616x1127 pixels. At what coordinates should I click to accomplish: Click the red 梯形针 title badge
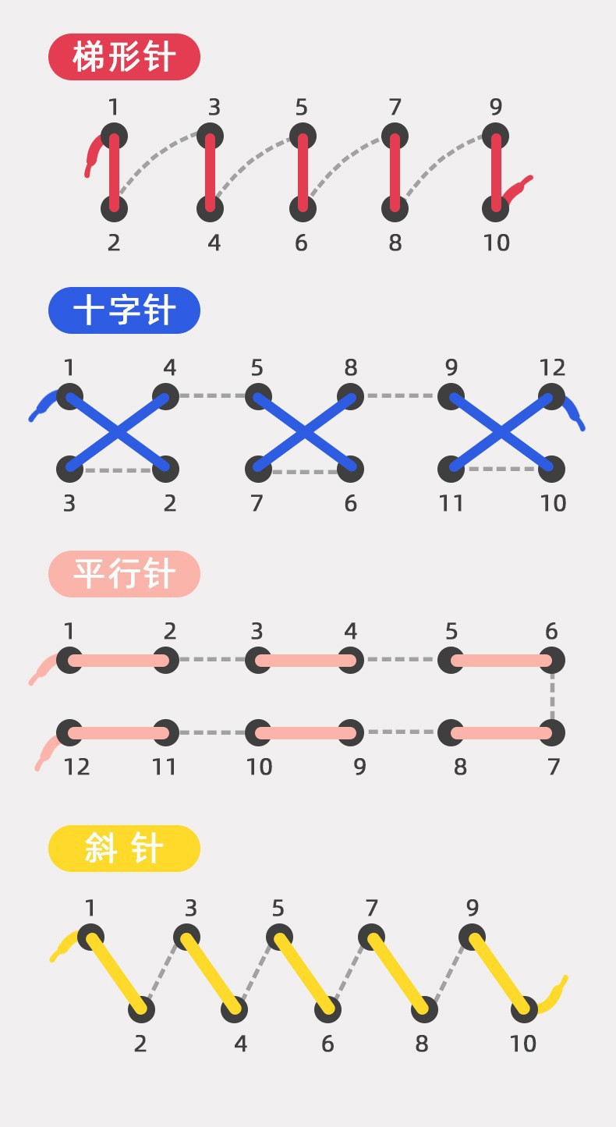coord(124,57)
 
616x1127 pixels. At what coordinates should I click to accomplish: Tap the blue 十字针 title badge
coord(124,310)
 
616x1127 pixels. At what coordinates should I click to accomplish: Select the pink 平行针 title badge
coord(124,574)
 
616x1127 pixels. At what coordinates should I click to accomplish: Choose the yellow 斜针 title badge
coord(124,849)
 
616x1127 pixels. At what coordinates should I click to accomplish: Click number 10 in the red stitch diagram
coord(496,243)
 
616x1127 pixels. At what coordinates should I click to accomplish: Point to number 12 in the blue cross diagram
coord(552,367)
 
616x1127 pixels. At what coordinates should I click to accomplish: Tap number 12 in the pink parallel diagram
coord(76,767)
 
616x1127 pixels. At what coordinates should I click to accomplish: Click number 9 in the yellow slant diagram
coord(473,908)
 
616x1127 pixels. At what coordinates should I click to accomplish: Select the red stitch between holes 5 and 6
coord(303,172)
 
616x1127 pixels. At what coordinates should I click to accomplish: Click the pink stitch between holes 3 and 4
coord(304,661)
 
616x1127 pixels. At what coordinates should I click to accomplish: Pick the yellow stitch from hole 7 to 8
coord(398,973)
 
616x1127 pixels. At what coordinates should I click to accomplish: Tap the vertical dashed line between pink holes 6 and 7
coord(552,696)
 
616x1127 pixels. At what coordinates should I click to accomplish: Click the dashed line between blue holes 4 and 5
coord(212,396)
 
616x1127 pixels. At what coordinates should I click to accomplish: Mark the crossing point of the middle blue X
coord(304,432)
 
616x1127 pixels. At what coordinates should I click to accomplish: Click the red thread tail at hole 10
coord(518,187)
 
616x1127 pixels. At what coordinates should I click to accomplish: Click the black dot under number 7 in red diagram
coord(395,134)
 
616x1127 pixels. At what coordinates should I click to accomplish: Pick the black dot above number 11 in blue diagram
coord(451,469)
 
